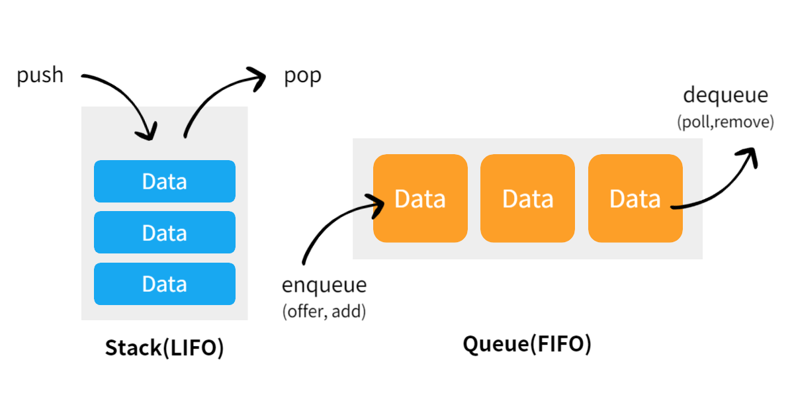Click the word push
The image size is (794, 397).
tap(40, 75)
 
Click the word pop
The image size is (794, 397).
tap(302, 76)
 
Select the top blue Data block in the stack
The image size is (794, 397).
tap(164, 181)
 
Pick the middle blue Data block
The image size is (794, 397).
tap(164, 232)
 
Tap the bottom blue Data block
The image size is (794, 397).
tap(164, 284)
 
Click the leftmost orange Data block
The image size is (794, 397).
tap(420, 198)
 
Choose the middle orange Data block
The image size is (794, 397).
tap(527, 198)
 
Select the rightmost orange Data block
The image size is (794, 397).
tap(635, 198)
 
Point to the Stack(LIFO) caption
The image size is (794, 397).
tap(164, 348)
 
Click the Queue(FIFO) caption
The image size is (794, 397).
tap(527, 344)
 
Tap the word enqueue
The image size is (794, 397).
tap(324, 285)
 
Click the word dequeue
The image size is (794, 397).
tap(725, 95)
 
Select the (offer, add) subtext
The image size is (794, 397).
tap(324, 311)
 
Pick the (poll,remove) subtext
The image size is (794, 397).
tap(725, 122)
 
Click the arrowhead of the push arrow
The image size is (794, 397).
tap(148, 132)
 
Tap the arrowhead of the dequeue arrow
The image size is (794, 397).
tap(749, 156)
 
